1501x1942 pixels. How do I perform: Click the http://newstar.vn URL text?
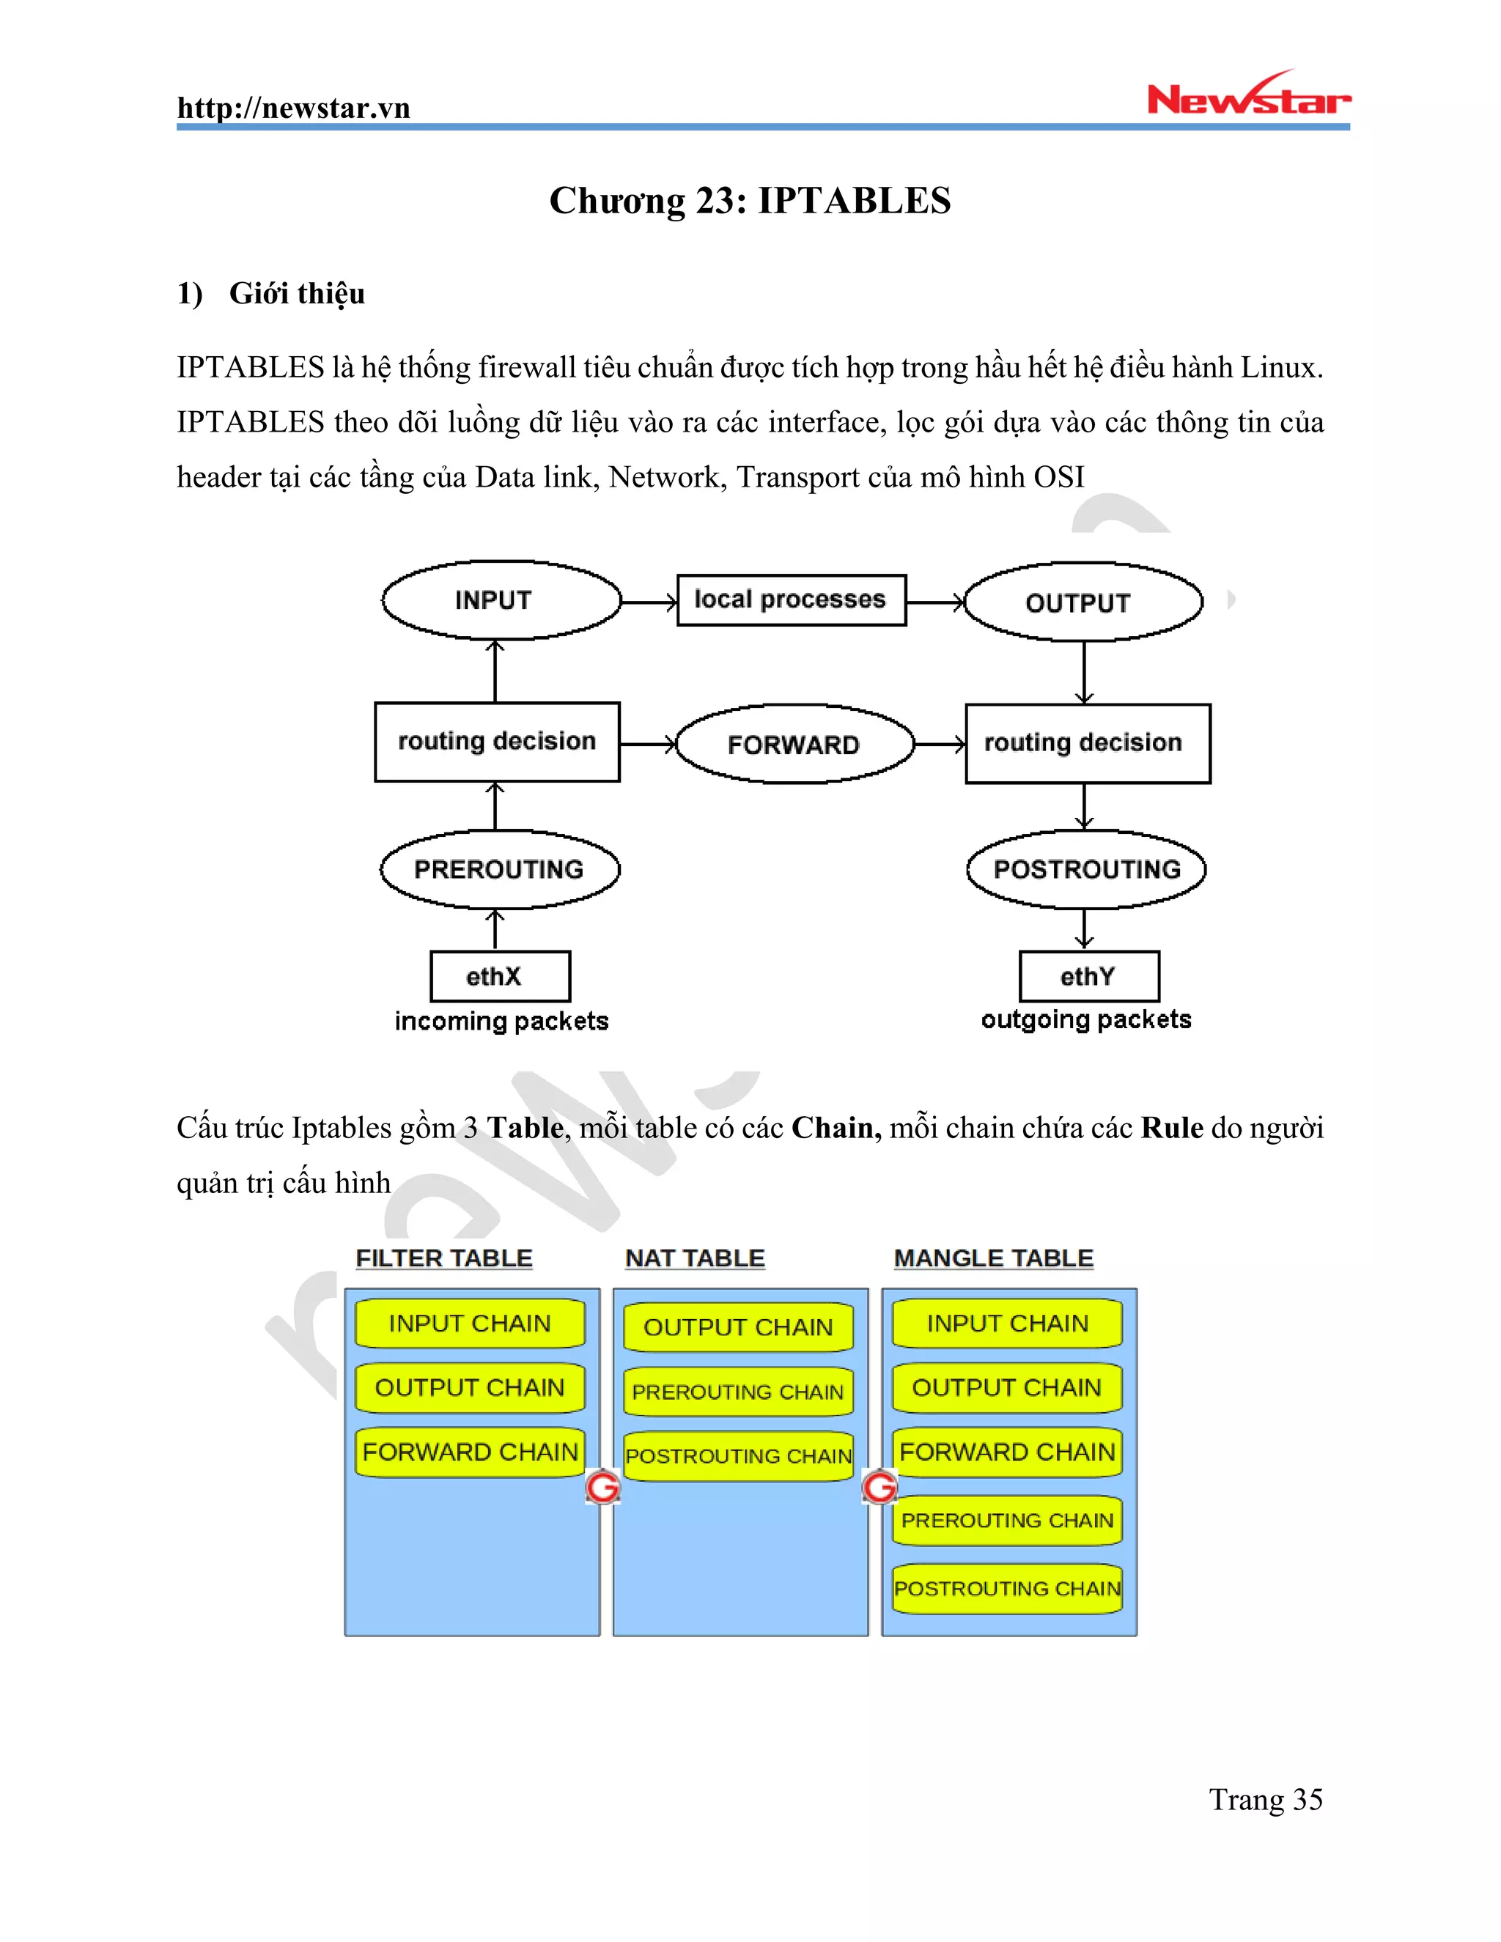click(293, 108)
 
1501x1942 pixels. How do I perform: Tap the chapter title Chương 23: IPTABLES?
click(750, 201)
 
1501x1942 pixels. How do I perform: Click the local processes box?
click(791, 600)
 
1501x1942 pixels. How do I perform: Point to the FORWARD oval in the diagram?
click(794, 745)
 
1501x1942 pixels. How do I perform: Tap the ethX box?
click(499, 976)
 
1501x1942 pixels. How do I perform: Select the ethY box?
click(1088, 976)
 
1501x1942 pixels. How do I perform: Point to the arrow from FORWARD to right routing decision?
click(940, 745)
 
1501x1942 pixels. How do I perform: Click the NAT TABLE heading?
click(695, 1258)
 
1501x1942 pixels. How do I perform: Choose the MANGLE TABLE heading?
click(993, 1258)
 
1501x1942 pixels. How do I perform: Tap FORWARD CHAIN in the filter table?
click(470, 1452)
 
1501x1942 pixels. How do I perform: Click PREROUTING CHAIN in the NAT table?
click(738, 1392)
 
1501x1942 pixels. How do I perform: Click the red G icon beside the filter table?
click(603, 1487)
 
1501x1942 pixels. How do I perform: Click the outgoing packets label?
click(1085, 1019)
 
